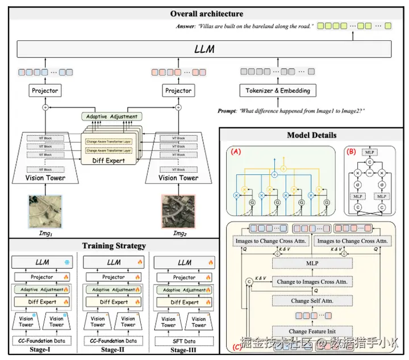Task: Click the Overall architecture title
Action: [206, 14]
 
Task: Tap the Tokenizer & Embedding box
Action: [278, 91]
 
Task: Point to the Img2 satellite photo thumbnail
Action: [178, 212]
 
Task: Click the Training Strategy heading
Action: [114, 246]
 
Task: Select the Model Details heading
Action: [311, 135]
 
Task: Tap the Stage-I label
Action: [41, 350]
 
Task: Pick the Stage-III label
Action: [183, 350]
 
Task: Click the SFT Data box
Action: [184, 341]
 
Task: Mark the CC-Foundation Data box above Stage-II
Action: [113, 341]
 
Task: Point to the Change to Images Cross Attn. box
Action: [311, 281]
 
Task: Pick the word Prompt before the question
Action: [229, 112]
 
